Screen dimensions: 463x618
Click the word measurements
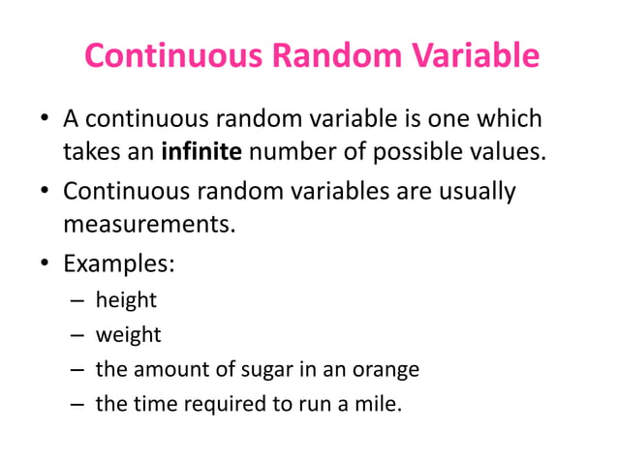148,225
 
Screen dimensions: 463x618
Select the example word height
126,300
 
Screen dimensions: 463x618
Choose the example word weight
128,335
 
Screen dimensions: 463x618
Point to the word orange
386,369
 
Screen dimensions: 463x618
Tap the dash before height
77,301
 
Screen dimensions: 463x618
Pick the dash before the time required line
77,404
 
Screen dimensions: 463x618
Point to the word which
510,121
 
